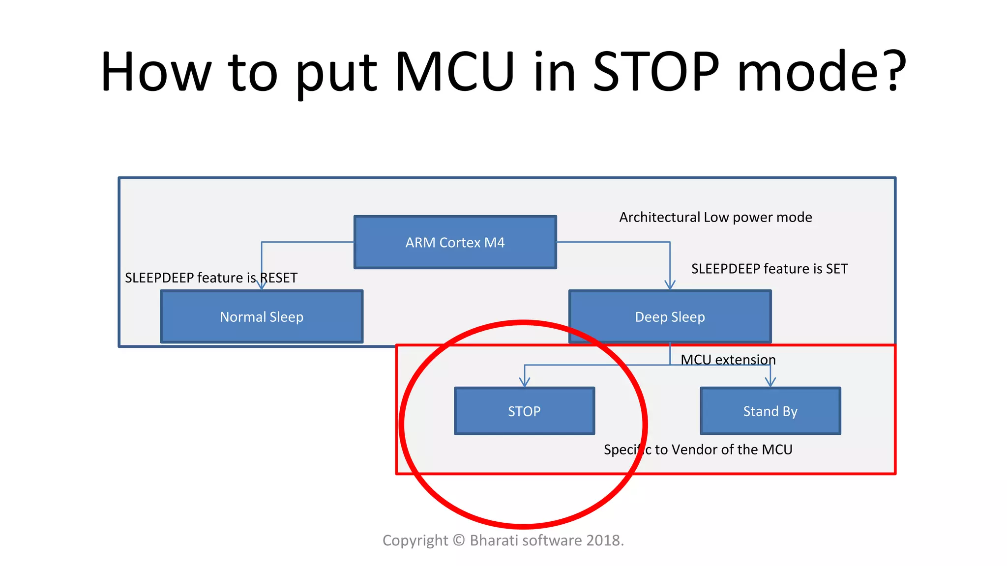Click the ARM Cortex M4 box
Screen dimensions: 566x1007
tap(455, 242)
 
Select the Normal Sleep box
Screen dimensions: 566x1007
tap(262, 317)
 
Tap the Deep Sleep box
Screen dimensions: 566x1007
tap(670, 317)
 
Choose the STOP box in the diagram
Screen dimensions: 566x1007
tap(524, 411)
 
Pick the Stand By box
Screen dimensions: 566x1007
tap(770, 411)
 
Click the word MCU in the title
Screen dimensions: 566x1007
tap(455, 72)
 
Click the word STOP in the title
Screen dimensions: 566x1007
tap(656, 72)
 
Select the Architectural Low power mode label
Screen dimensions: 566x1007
tap(715, 217)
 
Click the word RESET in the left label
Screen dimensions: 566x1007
tap(278, 278)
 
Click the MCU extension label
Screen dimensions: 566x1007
tap(728, 360)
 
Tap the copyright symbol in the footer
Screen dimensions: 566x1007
tap(459, 540)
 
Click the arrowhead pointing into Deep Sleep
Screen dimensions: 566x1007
tap(670, 285)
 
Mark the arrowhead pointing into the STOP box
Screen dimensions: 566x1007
tap(525, 382)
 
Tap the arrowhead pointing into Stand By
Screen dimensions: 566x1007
tap(770, 382)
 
